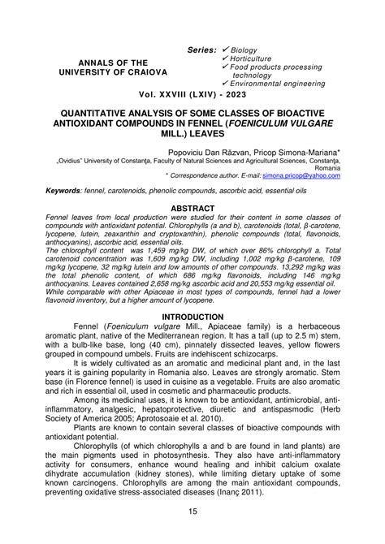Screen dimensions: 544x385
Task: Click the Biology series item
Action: [247, 50]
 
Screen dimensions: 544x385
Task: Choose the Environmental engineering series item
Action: [282, 84]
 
